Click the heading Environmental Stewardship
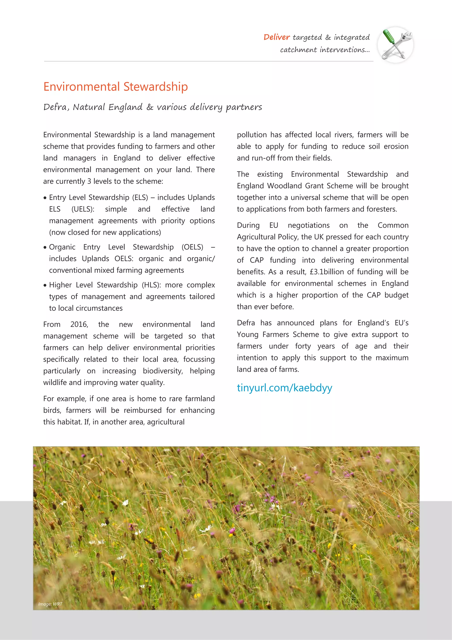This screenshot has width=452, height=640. click(116, 87)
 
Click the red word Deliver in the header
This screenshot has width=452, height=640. click(276, 37)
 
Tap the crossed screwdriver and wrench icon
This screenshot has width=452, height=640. click(395, 45)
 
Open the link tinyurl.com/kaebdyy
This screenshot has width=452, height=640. click(284, 388)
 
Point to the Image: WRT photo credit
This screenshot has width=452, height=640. click(50, 604)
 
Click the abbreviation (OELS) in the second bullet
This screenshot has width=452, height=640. click(192, 247)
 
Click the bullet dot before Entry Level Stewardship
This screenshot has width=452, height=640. click(45, 198)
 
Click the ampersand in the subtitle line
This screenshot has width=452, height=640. click(150, 107)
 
